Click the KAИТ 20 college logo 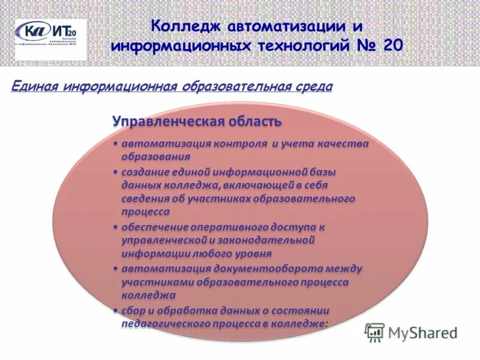[x=50, y=39]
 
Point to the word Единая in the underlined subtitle [x=34, y=87]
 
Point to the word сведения [x=145, y=198]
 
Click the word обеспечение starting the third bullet [x=155, y=227]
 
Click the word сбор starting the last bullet [x=133, y=310]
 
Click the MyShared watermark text [x=422, y=332]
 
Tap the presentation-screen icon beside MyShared [x=375, y=332]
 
